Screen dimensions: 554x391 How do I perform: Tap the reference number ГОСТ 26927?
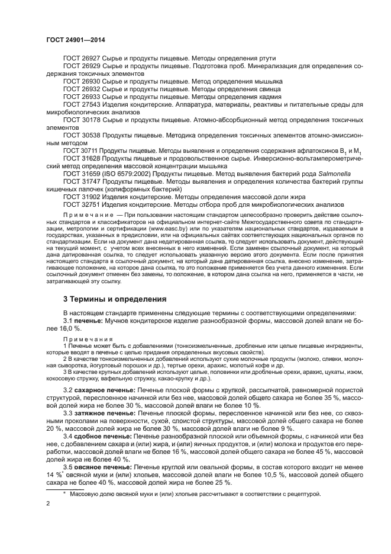coord(82,57)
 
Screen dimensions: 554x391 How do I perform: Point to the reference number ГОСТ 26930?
coord(82,81)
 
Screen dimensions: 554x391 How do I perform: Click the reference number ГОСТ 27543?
coord(82,104)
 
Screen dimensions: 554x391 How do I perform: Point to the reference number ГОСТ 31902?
coord(82,197)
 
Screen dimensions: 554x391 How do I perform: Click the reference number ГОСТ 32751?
coord(82,205)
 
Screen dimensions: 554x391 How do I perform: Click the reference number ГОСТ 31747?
coord(82,182)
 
